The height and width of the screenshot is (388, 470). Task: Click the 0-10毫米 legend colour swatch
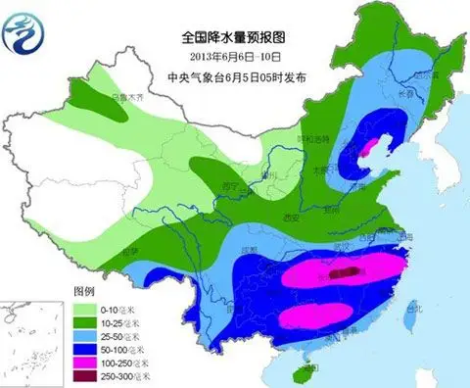[x=86, y=308]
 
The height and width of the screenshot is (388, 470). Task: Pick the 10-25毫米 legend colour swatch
[x=86, y=321]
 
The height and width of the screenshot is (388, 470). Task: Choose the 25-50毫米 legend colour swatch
[x=86, y=335]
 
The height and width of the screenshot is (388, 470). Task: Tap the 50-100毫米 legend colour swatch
[x=86, y=349]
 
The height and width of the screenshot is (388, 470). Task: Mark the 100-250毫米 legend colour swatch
[x=86, y=363]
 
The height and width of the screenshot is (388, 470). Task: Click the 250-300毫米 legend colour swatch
[x=86, y=376]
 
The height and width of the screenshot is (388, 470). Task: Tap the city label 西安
[x=288, y=218]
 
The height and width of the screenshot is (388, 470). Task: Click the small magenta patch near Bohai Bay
[x=369, y=149]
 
